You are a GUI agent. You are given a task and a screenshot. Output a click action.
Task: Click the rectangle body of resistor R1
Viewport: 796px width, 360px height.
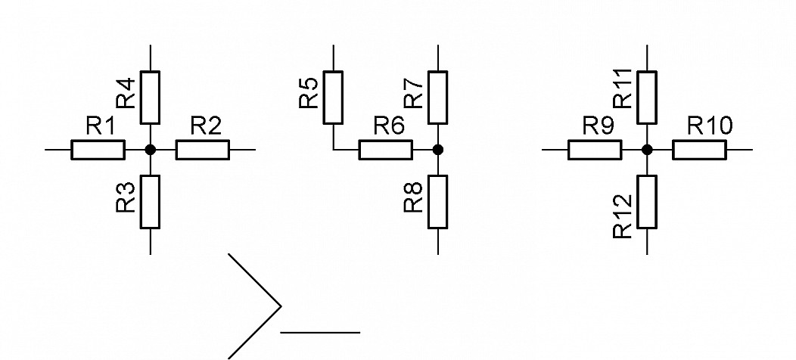pos(98,150)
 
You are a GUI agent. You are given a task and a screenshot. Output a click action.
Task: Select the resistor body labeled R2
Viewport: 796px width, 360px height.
pos(203,150)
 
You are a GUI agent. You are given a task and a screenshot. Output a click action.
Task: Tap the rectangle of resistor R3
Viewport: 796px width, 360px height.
pos(151,202)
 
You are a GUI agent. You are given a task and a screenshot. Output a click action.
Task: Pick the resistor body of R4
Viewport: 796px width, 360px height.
pos(151,98)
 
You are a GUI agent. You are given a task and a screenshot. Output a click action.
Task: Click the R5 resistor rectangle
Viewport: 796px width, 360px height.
pos(333,98)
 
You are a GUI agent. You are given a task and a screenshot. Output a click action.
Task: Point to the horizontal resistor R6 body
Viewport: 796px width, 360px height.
pos(385,150)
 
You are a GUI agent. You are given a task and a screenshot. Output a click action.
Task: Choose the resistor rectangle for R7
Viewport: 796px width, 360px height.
pos(438,98)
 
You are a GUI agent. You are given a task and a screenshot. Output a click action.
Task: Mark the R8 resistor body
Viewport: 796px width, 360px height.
pos(438,202)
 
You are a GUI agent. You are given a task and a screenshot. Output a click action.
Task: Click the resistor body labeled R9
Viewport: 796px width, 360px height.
pos(595,150)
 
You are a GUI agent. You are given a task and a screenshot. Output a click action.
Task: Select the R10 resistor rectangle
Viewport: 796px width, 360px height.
pos(699,150)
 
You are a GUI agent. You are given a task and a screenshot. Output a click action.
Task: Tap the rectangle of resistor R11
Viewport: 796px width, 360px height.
pos(647,98)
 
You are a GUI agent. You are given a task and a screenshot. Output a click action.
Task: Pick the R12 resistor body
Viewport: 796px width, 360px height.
pos(647,202)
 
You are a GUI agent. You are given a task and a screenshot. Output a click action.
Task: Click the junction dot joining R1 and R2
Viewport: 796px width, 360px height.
pos(151,150)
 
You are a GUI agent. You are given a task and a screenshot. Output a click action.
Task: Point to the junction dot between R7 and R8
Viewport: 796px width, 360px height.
pos(438,150)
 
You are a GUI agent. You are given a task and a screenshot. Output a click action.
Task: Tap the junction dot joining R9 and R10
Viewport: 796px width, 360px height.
pos(647,150)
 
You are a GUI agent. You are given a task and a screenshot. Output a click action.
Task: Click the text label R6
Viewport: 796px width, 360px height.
pos(390,126)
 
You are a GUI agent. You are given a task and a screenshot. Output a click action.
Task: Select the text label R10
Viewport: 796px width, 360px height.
pos(710,126)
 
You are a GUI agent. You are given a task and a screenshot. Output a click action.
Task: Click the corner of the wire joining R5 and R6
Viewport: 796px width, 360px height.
pos(334,150)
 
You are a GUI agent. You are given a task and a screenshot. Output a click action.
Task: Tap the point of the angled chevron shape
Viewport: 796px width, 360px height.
pos(281,306)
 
